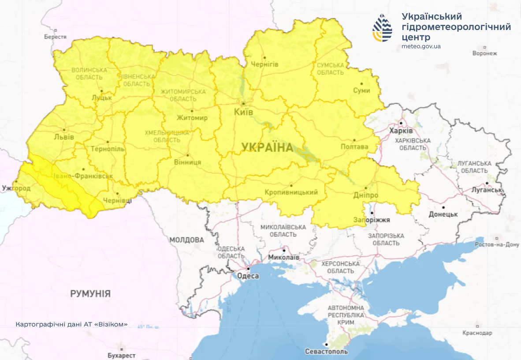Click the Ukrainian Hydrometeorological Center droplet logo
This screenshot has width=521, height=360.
click(382, 28)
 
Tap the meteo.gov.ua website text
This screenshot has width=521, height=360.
click(421, 46)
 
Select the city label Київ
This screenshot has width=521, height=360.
click(244, 112)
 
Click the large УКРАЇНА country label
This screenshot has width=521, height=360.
click(267, 147)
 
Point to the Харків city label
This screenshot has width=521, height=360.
click(401, 131)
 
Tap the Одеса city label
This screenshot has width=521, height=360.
click(248, 276)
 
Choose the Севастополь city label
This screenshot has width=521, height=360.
click(326, 352)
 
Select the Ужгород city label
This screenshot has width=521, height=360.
click(16, 188)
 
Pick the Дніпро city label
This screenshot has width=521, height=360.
click(365, 195)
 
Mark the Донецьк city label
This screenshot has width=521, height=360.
click(443, 214)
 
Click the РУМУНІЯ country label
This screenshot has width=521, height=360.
click(90, 294)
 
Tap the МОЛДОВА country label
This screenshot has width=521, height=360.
click(187, 240)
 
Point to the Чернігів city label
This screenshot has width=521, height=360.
click(264, 64)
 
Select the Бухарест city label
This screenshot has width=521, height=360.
click(122, 355)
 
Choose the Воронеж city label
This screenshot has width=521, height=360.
click(484, 53)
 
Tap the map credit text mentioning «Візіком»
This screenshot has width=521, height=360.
click(71, 324)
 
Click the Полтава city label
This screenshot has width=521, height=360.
click(354, 146)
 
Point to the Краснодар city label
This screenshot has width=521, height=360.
click(477, 333)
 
